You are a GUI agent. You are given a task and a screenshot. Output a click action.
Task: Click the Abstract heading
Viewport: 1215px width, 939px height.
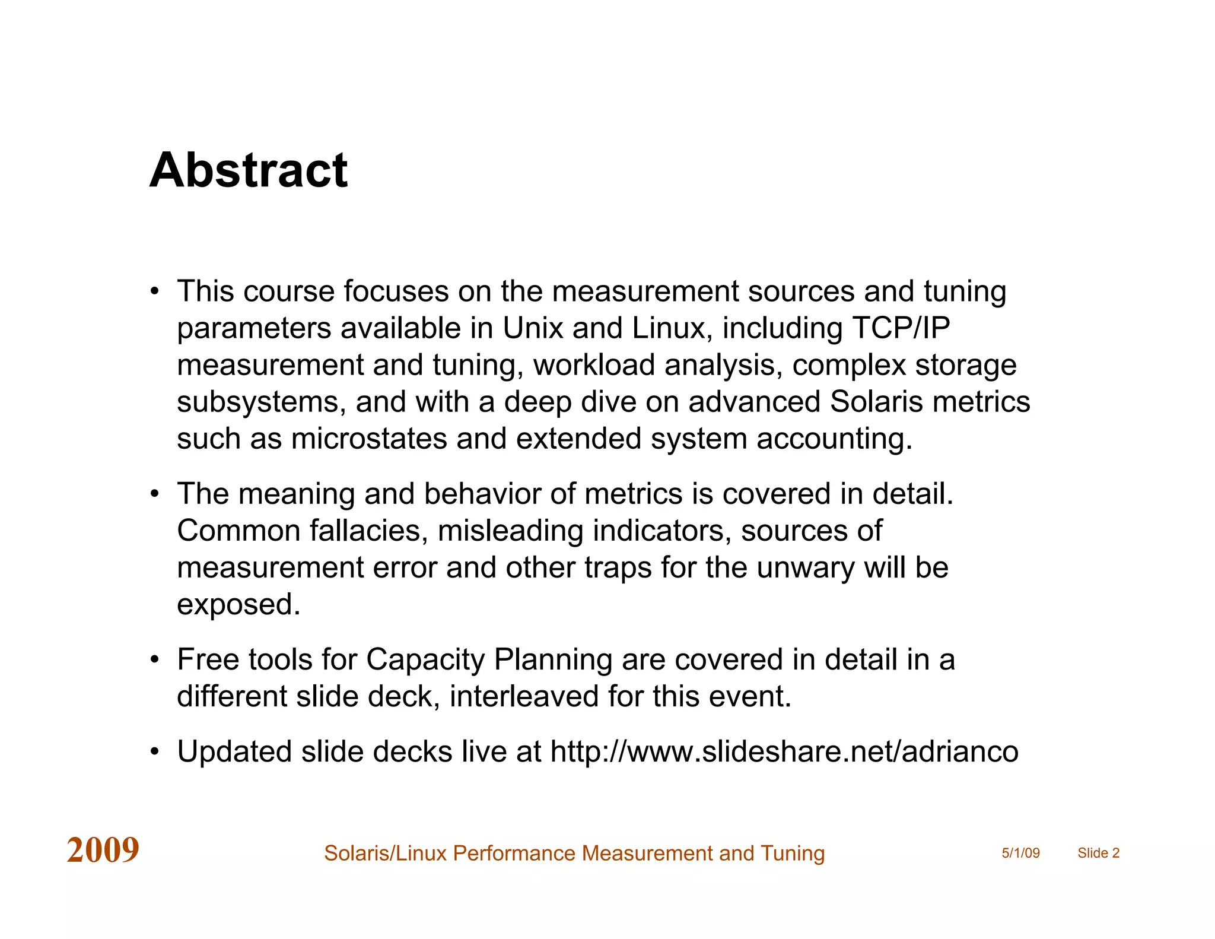pyautogui.click(x=249, y=170)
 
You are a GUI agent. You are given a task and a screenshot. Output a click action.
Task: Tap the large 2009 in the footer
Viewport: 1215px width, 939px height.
pyautogui.click(x=103, y=850)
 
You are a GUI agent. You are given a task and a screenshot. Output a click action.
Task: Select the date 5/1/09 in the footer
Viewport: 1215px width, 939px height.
pyautogui.click(x=1020, y=853)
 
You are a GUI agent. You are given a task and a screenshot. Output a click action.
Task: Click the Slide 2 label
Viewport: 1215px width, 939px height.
pyautogui.click(x=1098, y=853)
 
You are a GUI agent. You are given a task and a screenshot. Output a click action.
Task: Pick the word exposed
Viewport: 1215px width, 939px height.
pyautogui.click(x=238, y=604)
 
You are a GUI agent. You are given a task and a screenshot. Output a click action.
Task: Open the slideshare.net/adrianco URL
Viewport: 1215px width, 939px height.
pyautogui.click(x=784, y=751)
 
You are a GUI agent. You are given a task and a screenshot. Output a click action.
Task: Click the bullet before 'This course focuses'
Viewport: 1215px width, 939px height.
pyautogui.click(x=155, y=291)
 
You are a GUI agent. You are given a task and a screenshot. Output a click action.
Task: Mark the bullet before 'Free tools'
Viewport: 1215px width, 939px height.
pyautogui.click(x=155, y=659)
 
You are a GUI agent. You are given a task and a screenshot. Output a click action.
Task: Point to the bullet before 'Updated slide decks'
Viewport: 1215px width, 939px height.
pyautogui.click(x=155, y=751)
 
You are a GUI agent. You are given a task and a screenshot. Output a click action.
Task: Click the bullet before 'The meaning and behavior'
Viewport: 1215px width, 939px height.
pyautogui.click(x=155, y=494)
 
